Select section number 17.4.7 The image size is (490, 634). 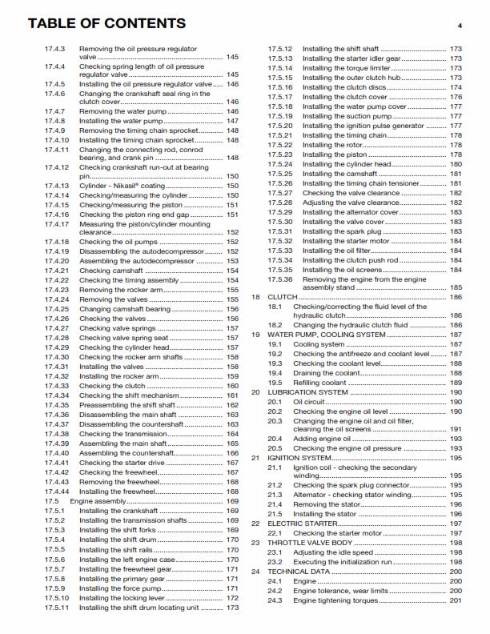(54, 111)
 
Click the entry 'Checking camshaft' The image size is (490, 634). (111, 271)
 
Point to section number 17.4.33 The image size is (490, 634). (57, 386)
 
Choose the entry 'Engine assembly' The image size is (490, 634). (99, 500)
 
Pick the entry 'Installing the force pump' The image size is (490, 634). (122, 588)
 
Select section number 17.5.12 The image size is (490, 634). (280, 49)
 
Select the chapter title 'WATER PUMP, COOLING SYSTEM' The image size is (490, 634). (317, 335)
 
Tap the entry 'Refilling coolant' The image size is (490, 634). (322, 383)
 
